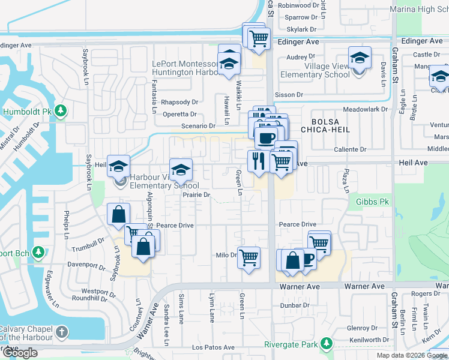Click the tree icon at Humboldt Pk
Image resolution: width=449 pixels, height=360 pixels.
(x=60, y=111)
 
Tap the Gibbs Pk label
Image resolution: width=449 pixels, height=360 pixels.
(x=375, y=202)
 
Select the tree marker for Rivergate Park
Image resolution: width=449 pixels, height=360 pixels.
(x=326, y=344)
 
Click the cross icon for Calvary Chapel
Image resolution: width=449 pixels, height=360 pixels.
(x=61, y=332)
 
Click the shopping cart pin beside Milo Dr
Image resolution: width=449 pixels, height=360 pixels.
(x=249, y=258)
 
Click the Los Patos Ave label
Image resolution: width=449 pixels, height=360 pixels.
(x=213, y=347)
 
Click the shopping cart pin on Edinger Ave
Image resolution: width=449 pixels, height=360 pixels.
(x=258, y=38)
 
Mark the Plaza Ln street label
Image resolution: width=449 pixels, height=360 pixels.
(x=346, y=181)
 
